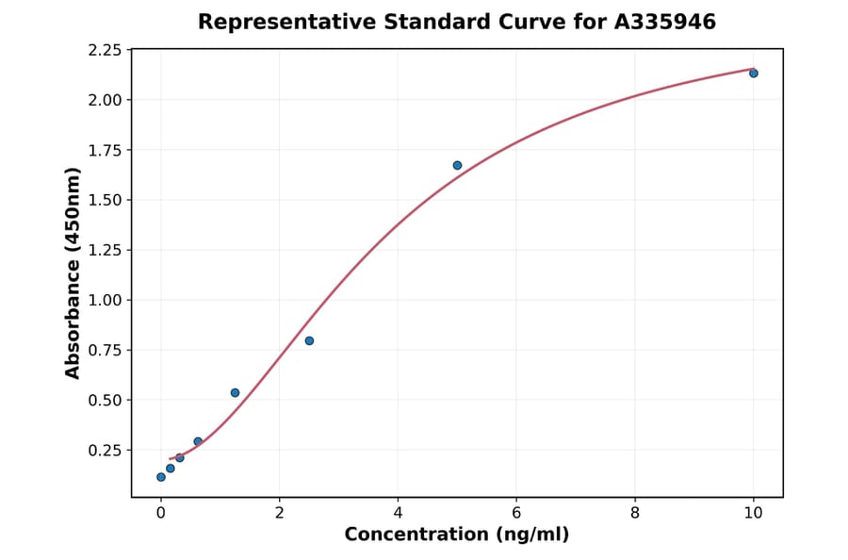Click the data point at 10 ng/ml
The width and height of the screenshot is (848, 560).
pyautogui.click(x=753, y=74)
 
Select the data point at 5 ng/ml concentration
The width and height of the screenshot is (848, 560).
pyautogui.click(x=457, y=165)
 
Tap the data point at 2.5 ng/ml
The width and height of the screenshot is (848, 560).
pyautogui.click(x=309, y=341)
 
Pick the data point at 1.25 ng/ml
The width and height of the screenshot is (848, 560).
pyautogui.click(x=235, y=392)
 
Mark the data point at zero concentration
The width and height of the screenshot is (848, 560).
pyautogui.click(x=161, y=477)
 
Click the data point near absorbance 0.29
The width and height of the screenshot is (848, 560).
pyautogui.click(x=198, y=441)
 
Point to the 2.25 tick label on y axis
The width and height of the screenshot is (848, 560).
pyautogui.click(x=105, y=50)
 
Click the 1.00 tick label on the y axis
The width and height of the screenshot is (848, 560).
pyautogui.click(x=105, y=301)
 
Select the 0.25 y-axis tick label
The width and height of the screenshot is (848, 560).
pyautogui.click(x=105, y=451)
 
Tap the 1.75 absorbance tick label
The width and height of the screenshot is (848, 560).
pyautogui.click(x=105, y=150)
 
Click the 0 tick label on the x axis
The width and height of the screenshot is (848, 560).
pyautogui.click(x=161, y=513)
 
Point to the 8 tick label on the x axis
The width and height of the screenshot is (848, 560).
pyautogui.click(x=635, y=513)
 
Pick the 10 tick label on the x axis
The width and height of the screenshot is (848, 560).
pyautogui.click(x=753, y=513)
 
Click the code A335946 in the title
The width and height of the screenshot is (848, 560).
pyautogui.click(x=665, y=22)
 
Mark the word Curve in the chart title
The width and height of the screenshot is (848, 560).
pyautogui.click(x=536, y=22)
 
